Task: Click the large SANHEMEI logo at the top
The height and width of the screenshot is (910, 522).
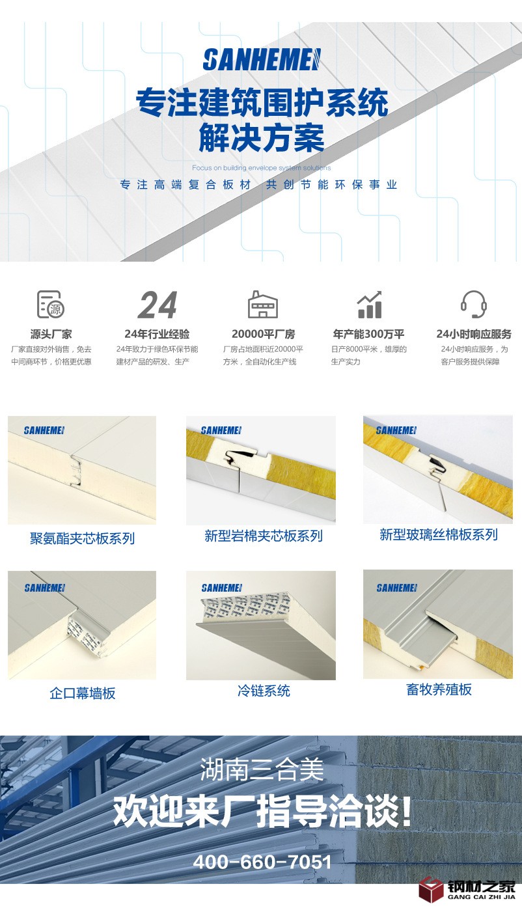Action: coord(262,59)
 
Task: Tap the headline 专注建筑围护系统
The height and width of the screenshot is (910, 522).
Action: coord(262,102)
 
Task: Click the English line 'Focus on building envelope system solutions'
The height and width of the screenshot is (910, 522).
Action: coord(261,168)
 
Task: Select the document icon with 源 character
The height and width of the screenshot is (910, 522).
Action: coord(51,304)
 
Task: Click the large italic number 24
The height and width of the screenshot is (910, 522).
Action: coord(158,305)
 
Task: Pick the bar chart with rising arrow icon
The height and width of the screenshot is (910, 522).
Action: coord(369,304)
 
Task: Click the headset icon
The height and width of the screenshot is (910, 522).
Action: coord(474,304)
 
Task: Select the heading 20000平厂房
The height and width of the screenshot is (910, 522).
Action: coord(263,334)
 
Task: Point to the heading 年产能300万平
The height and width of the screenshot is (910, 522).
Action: coord(369,334)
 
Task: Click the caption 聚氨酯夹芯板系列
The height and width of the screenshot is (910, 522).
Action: coord(82,538)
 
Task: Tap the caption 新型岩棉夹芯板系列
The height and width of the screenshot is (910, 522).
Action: coord(263,536)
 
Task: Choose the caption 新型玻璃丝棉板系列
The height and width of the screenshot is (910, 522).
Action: coord(438,534)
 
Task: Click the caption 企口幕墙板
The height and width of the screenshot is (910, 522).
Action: coord(83,693)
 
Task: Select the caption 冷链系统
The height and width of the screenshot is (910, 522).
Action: coord(264,691)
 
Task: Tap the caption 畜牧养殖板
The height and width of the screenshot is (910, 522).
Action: coord(439,689)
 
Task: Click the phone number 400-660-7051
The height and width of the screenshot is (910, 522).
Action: coord(262,861)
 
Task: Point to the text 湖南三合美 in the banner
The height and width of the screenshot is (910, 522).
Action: coord(262,769)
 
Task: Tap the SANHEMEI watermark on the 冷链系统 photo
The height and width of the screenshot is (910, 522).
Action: coord(222,587)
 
